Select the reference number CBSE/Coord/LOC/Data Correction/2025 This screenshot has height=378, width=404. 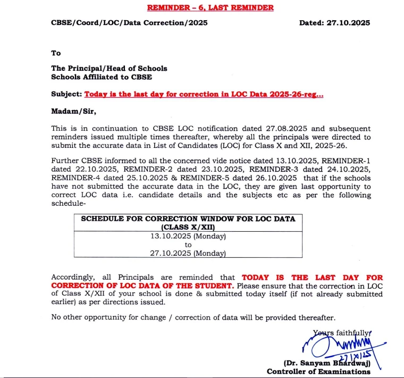(129, 23)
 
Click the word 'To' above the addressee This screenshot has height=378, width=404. (56, 53)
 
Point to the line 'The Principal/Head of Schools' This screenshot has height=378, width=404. (109, 68)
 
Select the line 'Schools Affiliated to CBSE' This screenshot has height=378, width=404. (101, 77)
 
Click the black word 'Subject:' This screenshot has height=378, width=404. (67, 94)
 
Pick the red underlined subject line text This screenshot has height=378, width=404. (204, 94)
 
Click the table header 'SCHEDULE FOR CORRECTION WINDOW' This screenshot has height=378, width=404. (188, 219)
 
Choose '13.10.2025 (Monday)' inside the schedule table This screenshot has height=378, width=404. (188, 236)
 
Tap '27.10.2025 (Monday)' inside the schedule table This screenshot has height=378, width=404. (188, 254)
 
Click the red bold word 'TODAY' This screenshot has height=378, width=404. (256, 278)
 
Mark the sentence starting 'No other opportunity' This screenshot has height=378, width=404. (193, 317)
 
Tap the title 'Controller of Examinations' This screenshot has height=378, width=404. (318, 372)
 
